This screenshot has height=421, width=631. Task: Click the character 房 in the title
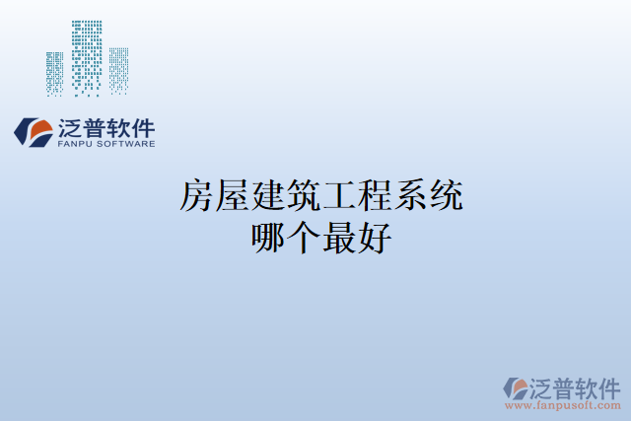point(196,197)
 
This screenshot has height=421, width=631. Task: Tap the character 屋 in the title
point(232,197)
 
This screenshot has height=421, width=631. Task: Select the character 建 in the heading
point(267,197)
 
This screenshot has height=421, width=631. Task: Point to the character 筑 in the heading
point(303,197)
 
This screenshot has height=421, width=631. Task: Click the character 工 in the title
point(338,197)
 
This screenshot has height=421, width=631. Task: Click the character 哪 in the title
point(267,238)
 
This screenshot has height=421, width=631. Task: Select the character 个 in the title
point(303,238)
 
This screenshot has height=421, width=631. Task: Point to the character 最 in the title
point(338,238)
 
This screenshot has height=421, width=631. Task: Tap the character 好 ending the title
point(374,238)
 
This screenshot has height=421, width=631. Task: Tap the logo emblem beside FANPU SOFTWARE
point(35,132)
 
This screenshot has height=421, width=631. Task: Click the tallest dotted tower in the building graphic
point(87,57)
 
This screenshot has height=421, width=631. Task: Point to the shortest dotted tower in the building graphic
point(54,73)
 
